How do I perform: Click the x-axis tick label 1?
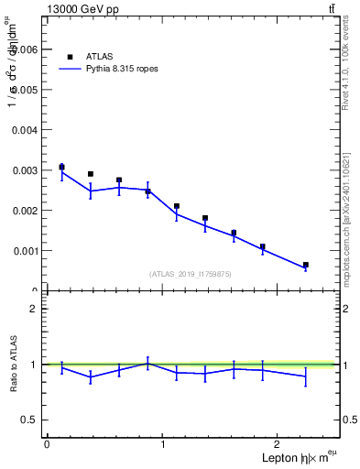[163, 444]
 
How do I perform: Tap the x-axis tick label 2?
[279, 444]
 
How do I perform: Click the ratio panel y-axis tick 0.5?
[31, 420]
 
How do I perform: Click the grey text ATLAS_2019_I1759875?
[191, 273]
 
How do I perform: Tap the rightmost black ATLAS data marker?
[306, 265]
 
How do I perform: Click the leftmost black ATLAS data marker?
[61, 167]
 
